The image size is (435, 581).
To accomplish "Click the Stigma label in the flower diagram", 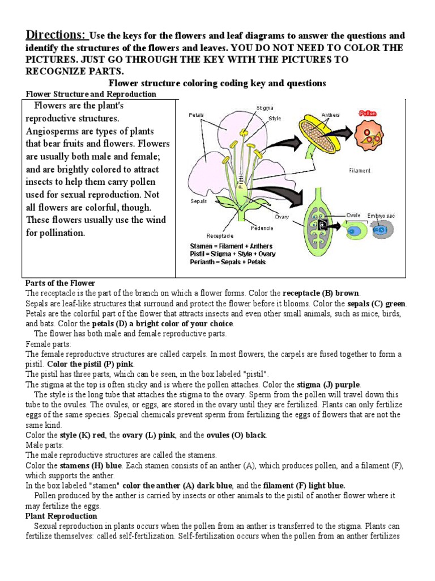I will click(265, 107).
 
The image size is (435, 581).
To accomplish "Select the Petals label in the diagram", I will click(197, 115).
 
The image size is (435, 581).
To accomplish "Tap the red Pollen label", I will click(368, 113).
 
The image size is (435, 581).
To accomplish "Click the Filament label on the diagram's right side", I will click(360, 170).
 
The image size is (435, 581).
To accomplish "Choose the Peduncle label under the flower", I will click(262, 229).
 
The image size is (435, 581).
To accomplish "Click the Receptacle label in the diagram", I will click(220, 235).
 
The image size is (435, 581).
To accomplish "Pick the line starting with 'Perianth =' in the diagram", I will click(228, 262).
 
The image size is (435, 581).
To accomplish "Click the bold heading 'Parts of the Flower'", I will click(61, 283).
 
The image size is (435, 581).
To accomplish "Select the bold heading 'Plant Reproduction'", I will click(61, 516).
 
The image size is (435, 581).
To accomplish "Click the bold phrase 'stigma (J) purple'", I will click(327, 384).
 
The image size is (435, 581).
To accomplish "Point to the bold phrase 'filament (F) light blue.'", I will click(304, 486).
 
